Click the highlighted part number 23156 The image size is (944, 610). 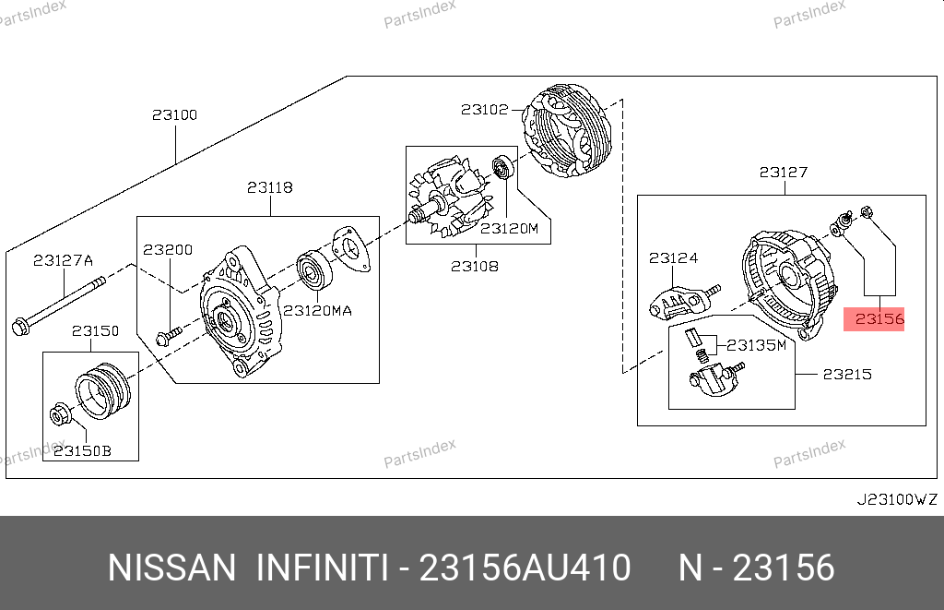879,319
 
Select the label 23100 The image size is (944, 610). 174,114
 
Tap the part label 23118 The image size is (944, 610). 270,187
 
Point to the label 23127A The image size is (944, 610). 64,260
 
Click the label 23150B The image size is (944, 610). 82,451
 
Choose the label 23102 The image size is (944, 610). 485,109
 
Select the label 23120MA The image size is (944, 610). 317,310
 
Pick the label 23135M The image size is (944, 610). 756,345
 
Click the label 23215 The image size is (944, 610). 847,375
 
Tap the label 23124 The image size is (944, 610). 673,258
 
